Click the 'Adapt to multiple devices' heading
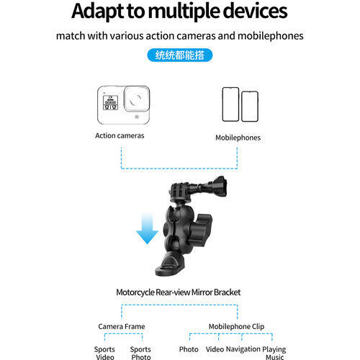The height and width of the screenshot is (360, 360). point(179,12)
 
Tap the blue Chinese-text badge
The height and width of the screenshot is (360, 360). point(179,54)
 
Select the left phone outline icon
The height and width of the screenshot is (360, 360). point(230,104)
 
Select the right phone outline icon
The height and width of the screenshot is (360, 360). point(249,107)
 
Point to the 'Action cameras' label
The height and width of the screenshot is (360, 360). point(120,135)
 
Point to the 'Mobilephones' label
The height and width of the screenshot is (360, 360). point(238,138)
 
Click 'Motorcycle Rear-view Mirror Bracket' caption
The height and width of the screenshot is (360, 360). point(179,292)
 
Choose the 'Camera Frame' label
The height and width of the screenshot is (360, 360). point(121,326)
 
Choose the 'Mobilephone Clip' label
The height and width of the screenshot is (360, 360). point(235,326)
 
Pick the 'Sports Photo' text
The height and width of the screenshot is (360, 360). point(140,353)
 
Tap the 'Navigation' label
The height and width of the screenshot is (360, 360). point(243,349)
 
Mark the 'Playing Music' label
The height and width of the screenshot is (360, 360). point(274,353)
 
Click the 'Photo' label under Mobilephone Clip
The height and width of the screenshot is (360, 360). point(189,349)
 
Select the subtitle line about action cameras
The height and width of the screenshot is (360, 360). point(179,35)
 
